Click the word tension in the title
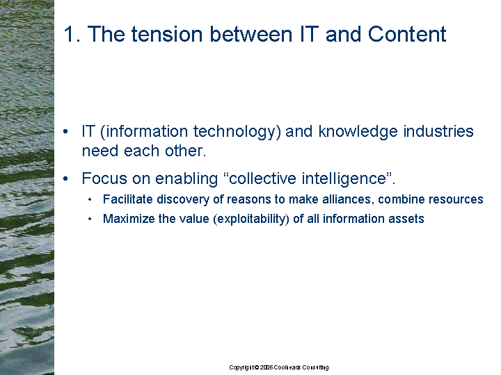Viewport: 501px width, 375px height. [167, 34]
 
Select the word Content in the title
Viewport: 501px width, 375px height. [407, 34]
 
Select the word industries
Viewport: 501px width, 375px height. [438, 131]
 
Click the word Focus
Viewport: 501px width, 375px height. [104, 178]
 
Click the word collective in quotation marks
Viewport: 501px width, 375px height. [263, 178]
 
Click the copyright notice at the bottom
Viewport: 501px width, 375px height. [279, 367]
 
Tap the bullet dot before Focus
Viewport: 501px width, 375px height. [65, 178]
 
